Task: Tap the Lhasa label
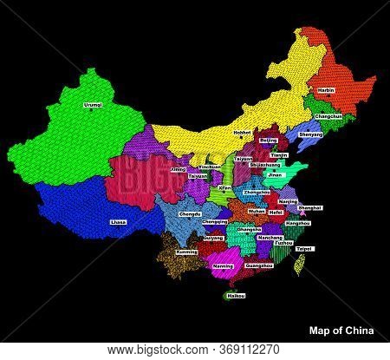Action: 118,222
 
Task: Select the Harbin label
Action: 325,90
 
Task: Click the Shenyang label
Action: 311,134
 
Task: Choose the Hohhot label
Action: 242,133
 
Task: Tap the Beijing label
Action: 269,140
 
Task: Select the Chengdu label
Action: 190,213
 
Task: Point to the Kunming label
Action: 186,252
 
